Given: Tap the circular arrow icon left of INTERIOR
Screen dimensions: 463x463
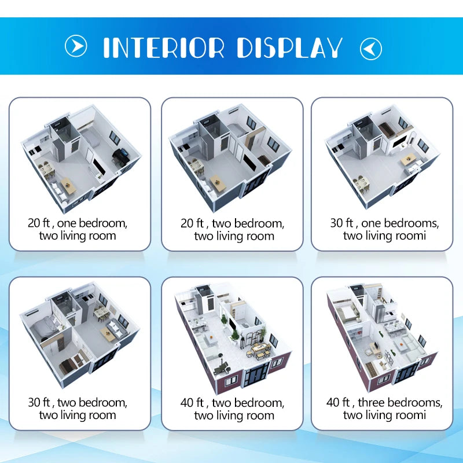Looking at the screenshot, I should [76, 46].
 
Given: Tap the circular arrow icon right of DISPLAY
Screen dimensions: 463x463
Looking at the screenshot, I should [371, 48].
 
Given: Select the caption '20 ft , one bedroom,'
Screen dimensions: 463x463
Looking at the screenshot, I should [78, 223].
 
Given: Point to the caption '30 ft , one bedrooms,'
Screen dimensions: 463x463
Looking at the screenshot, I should [384, 223].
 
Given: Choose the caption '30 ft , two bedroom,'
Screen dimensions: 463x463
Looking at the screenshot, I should [78, 402].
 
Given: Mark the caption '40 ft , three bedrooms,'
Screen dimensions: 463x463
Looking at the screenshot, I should [384, 402].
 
